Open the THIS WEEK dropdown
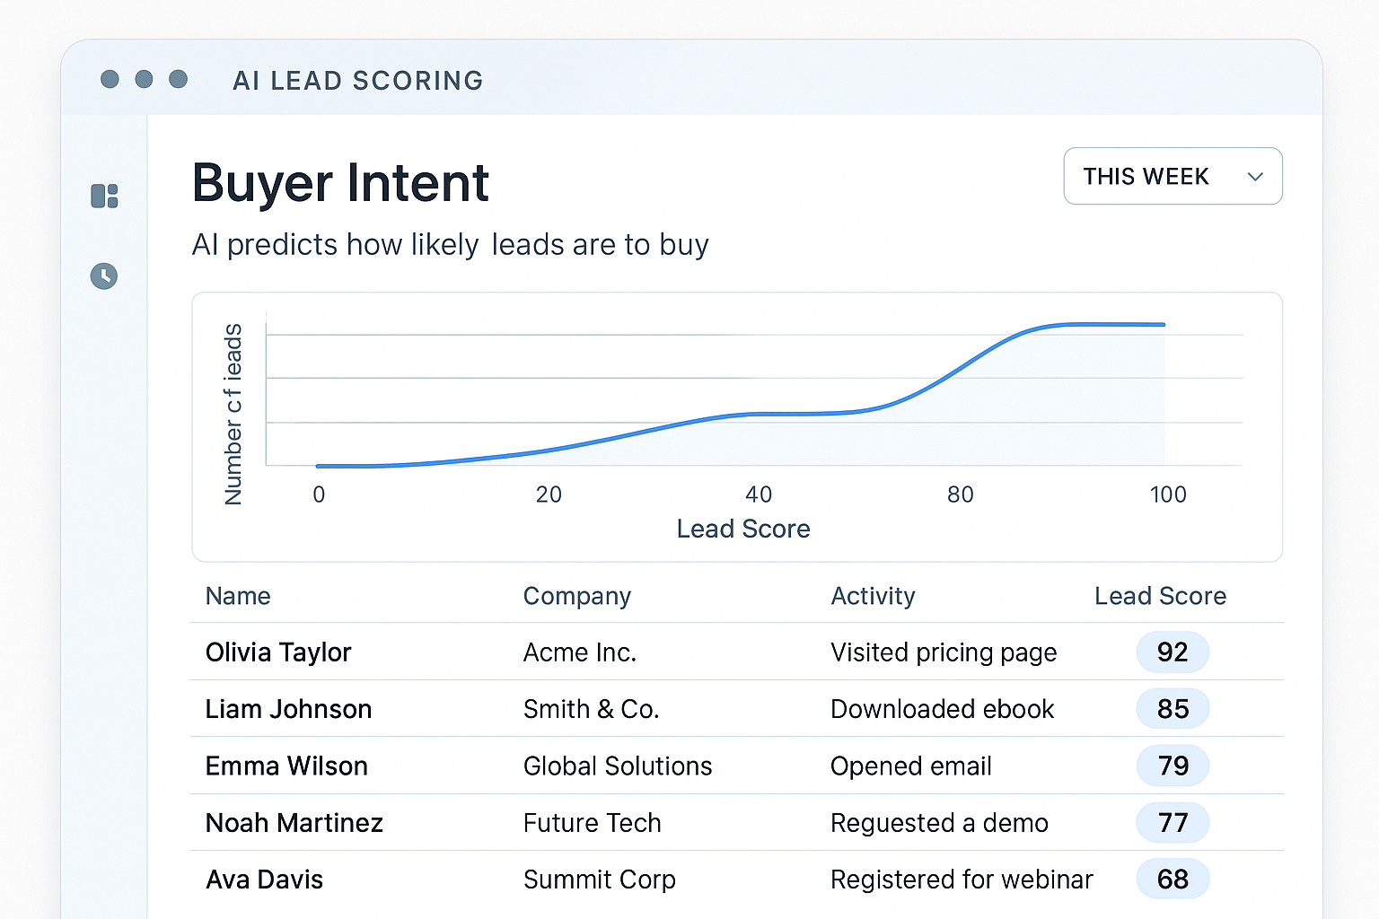pyautogui.click(x=1172, y=176)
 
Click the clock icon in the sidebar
pyautogui.click(x=104, y=276)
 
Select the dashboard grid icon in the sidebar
pyautogui.click(x=104, y=196)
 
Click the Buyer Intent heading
pyautogui.click(x=340, y=183)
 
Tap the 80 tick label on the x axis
pyautogui.click(x=960, y=495)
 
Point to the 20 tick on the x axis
pyautogui.click(x=549, y=495)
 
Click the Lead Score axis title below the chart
pyautogui.click(x=743, y=530)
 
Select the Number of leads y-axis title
pyautogui.click(x=233, y=414)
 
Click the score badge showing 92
pyautogui.click(x=1173, y=652)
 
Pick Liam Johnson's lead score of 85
pyautogui.click(x=1173, y=709)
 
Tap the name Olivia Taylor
pyautogui.click(x=278, y=652)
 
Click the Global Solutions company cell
pyautogui.click(x=618, y=766)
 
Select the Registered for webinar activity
pyautogui.click(x=962, y=880)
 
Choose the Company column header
pyautogui.click(x=577, y=596)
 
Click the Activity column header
pyautogui.click(x=873, y=596)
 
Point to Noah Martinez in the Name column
pyautogui.click(x=294, y=823)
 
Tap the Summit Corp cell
pyautogui.click(x=600, y=880)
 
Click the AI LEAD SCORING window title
pyautogui.click(x=357, y=81)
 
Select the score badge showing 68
pyautogui.click(x=1173, y=880)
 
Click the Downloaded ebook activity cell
pyautogui.click(x=942, y=709)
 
